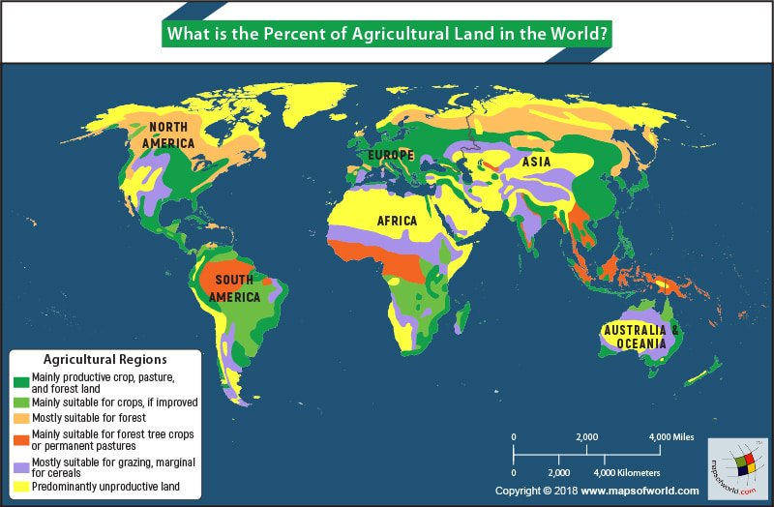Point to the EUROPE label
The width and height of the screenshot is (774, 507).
point(390,156)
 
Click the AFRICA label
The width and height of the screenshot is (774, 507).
point(397,221)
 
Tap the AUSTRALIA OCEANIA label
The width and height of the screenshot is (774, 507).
point(635,337)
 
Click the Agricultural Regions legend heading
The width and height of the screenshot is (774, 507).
point(104,359)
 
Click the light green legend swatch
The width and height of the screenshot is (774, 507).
point(20,403)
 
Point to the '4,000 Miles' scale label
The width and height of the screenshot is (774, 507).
point(673,437)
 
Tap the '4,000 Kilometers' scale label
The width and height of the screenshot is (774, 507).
point(627,472)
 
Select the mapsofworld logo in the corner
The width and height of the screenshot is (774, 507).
point(737,467)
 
